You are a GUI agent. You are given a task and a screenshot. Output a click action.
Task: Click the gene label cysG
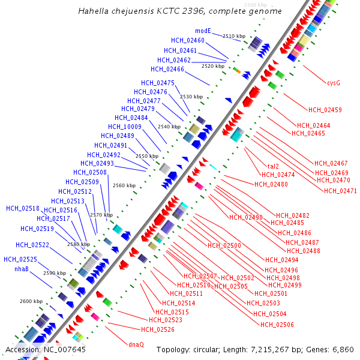coord(334,83)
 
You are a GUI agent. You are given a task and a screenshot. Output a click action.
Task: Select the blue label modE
coord(203,31)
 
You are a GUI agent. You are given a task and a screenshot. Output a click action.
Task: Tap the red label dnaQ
coord(136,344)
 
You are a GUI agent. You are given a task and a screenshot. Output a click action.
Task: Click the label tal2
coord(273,166)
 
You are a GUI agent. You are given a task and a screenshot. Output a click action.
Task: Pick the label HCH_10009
coord(125,127)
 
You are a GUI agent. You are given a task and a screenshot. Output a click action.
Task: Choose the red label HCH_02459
coord(325,110)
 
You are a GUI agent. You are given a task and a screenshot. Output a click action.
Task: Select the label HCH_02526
coord(158,329)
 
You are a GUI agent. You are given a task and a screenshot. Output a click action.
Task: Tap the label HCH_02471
coord(340,191)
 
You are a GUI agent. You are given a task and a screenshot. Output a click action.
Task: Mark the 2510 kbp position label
coord(234,36)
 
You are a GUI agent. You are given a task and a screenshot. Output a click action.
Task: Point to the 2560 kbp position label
coord(124,185)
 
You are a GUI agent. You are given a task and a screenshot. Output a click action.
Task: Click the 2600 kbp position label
coord(31,301)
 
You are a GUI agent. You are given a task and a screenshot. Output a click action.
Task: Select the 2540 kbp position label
coord(169,127)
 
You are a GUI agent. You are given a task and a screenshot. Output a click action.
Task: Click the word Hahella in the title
coord(94,11)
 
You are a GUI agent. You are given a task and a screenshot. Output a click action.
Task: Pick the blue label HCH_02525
coord(20,259)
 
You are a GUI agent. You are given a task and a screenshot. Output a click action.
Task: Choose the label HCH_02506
coord(277,324)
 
